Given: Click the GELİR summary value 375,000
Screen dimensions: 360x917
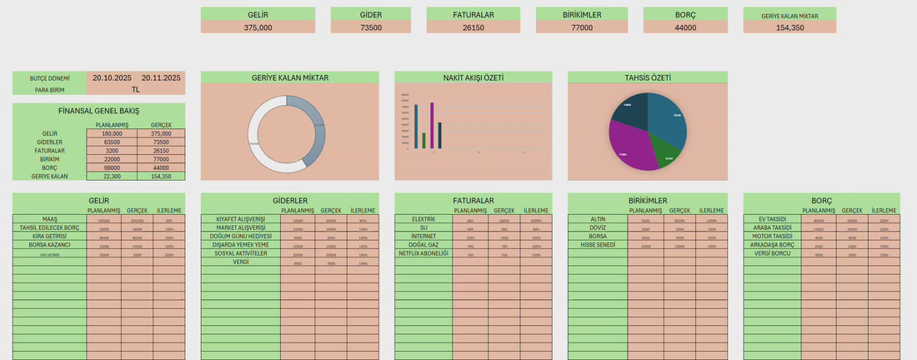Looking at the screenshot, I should pyautogui.click(x=258, y=27).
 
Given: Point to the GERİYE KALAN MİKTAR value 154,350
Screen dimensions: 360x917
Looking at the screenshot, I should pyautogui.click(x=789, y=27).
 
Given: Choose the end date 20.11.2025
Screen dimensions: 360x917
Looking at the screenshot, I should pyautogui.click(x=161, y=77).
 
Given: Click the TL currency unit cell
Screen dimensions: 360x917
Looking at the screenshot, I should pyautogui.click(x=136, y=89).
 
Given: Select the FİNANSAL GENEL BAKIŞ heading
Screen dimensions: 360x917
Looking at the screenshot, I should pyautogui.click(x=98, y=110).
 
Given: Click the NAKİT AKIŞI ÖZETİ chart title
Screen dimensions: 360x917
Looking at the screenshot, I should pyautogui.click(x=473, y=77).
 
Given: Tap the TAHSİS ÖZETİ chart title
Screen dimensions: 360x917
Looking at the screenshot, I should pyautogui.click(x=648, y=77).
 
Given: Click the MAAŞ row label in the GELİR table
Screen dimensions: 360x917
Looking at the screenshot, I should pyautogui.click(x=49, y=219).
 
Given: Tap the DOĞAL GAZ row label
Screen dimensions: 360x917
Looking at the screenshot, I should pyautogui.click(x=423, y=245).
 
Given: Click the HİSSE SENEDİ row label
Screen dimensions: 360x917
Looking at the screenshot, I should pyautogui.click(x=598, y=245).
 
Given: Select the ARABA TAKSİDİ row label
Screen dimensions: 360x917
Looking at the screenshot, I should pyautogui.click(x=772, y=227).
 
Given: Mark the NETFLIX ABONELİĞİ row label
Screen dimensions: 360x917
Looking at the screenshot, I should pyautogui.click(x=423, y=253).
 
